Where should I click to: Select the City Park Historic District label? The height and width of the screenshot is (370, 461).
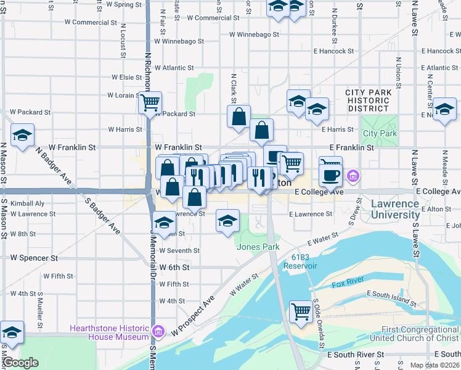coord(368,101)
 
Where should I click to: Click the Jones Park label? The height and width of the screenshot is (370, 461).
coord(258,247)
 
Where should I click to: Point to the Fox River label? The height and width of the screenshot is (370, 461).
coord(346,284)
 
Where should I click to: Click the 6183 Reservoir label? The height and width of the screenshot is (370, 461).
coord(300,261)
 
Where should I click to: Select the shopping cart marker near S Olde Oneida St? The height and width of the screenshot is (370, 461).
coord(301,311)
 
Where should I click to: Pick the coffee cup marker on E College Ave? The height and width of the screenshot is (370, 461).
coord(330,175)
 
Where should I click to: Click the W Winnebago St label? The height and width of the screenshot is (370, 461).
coord(179,41)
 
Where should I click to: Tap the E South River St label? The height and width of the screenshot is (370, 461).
coord(356,355)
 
